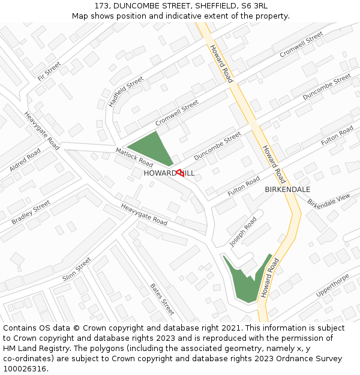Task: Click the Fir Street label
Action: [x=49, y=71]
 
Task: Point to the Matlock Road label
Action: [x=134, y=156]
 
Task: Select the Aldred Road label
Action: [x=25, y=160]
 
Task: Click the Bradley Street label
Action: [x=31, y=212]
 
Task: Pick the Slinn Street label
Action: [x=76, y=269]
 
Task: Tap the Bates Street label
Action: [x=162, y=299]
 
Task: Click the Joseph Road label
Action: [x=243, y=232]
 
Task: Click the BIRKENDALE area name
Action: [x=287, y=189]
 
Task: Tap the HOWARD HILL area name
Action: [x=169, y=173]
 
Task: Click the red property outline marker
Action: [x=180, y=172]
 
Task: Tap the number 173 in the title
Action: [x=101, y=6]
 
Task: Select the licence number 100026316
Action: [x=24, y=368]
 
